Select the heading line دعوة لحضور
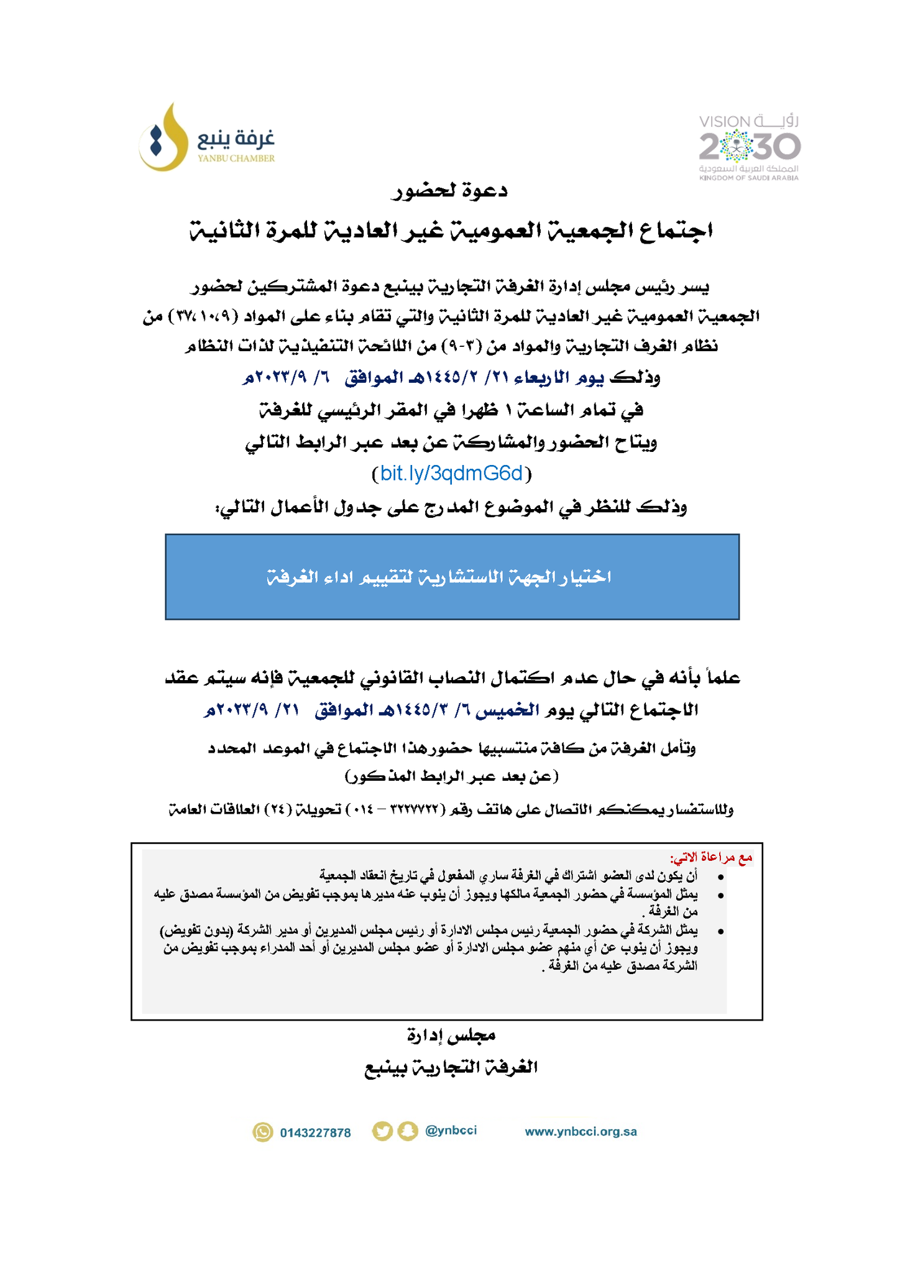click(x=449, y=191)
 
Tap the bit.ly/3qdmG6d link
click(x=451, y=474)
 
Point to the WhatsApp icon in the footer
click(x=263, y=1132)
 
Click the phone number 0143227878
click(x=315, y=1133)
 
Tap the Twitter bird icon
click(x=383, y=1131)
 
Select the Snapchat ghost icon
click(x=408, y=1131)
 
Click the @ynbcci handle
click(x=451, y=1131)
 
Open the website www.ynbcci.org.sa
click(x=581, y=1131)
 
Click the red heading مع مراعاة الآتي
click(x=711, y=858)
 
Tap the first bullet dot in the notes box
click(x=720, y=877)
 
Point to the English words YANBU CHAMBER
click(x=236, y=159)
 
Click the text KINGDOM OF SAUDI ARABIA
click(x=748, y=178)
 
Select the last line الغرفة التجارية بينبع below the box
click(x=450, y=1067)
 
